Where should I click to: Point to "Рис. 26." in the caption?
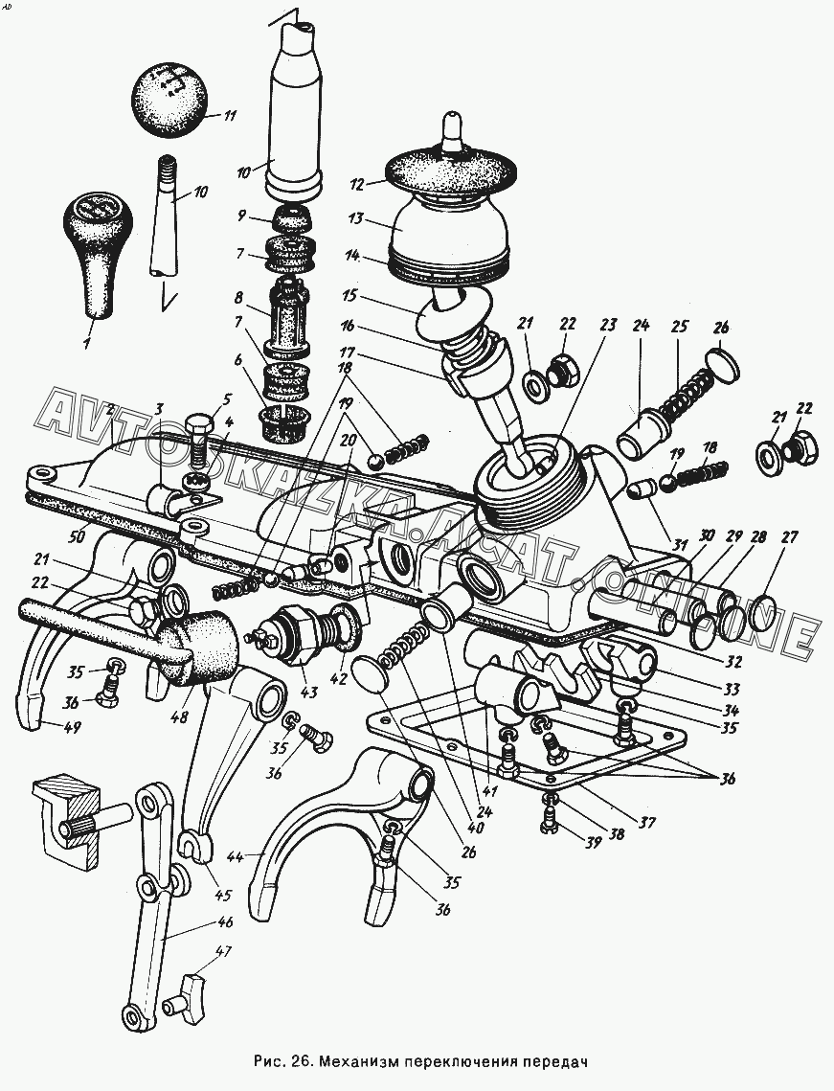285,1062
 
